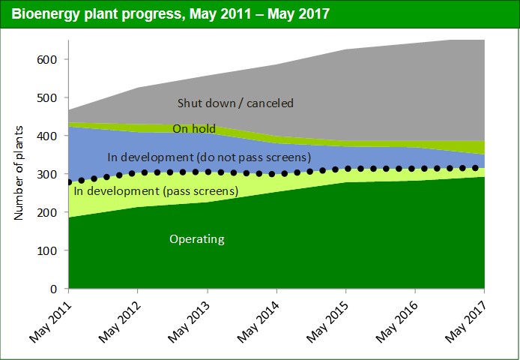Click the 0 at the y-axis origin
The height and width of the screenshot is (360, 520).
pos(54,289)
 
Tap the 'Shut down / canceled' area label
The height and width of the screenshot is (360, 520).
pos(235,103)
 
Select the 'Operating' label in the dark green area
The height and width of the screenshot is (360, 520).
pos(197,239)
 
